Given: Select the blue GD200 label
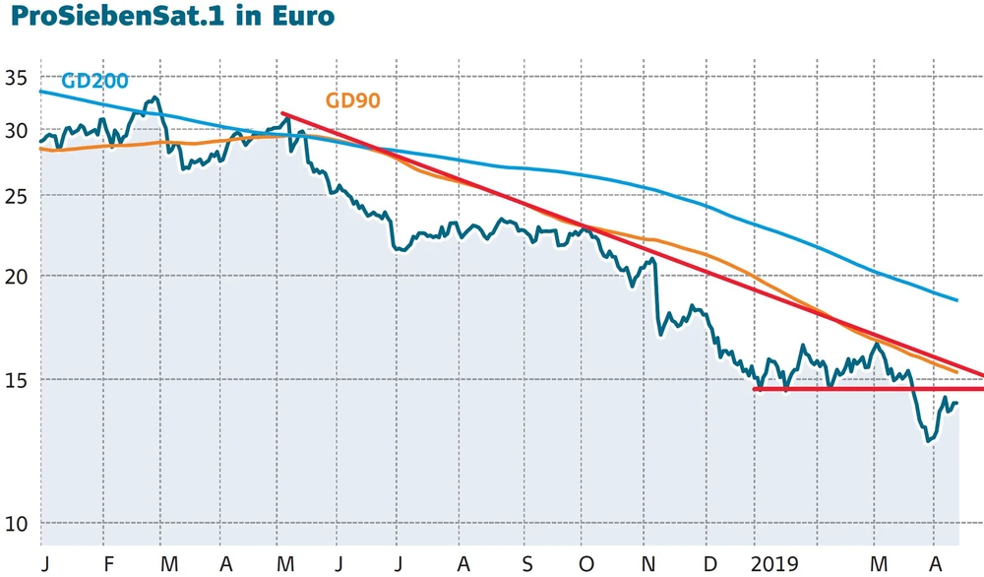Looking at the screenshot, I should coord(94,81).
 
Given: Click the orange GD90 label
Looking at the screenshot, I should coord(352,99).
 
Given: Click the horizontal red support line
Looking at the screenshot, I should coord(866,389).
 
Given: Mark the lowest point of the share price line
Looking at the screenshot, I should coord(928,441).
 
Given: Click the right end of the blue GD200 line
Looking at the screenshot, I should coord(957,299).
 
